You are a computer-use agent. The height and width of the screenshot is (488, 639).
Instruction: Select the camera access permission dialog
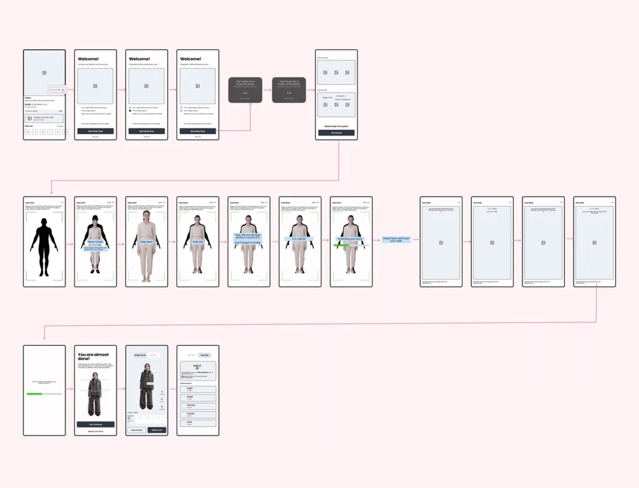(245, 90)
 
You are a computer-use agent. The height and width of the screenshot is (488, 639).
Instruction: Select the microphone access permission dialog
(289, 90)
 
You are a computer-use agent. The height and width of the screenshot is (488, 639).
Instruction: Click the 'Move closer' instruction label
(95, 242)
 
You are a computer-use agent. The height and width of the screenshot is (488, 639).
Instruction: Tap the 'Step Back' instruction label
(146, 242)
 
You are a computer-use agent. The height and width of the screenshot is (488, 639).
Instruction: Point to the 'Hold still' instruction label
(198, 242)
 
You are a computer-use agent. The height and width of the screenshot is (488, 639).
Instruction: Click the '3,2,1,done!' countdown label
(299, 239)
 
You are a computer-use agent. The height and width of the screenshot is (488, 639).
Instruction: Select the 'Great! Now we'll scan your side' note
(396, 240)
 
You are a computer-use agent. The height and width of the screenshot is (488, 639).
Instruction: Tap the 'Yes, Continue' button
(95, 424)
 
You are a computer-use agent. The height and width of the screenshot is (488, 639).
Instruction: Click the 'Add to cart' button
(157, 430)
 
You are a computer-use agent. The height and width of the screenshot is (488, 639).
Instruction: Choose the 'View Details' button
(137, 430)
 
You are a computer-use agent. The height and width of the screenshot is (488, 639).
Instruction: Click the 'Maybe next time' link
(95, 431)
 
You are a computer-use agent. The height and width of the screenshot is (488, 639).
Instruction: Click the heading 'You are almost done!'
(93, 356)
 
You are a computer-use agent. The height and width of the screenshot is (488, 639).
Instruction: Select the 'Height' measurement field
(198, 389)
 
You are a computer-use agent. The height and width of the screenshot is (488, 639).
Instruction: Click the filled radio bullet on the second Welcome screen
(130, 111)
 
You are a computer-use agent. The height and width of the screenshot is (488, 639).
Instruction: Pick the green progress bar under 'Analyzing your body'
(341, 245)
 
